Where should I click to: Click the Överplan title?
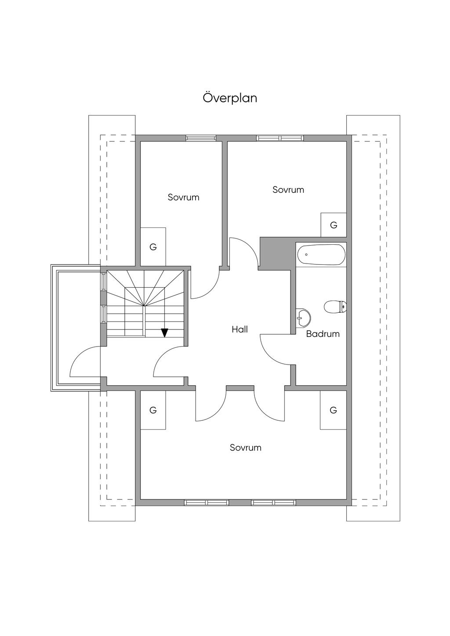coord(230,98)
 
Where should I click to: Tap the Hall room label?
coord(240,329)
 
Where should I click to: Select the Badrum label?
coord(323,334)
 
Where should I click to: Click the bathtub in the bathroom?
coord(321,255)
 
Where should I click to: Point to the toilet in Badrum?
coord(335,307)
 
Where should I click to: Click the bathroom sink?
coord(303,317)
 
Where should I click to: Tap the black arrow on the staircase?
coord(164,332)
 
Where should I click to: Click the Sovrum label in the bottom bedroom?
coord(246,448)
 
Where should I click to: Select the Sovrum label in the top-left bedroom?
coord(184,197)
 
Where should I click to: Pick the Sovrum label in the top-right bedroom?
coord(288,190)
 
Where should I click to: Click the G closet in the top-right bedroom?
coord(334,225)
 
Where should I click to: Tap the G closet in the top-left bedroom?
coord(153,247)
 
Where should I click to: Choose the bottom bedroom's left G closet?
coord(153,410)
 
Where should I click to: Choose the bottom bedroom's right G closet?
coord(333,410)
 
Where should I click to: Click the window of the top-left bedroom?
coord(201,138)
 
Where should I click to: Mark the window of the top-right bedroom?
coord(280,138)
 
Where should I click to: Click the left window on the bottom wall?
coord(207,502)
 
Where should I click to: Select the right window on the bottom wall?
coord(274,502)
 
